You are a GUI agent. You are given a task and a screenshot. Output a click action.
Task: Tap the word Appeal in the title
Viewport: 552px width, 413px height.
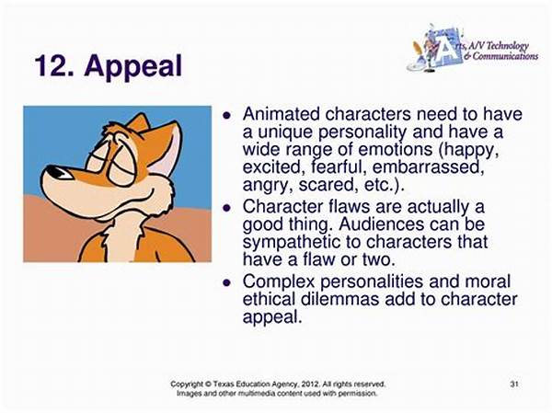click(133, 68)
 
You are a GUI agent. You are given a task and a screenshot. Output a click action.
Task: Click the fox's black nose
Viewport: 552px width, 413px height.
click(55, 171)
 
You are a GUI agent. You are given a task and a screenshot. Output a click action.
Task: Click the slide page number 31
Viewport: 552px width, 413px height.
click(514, 384)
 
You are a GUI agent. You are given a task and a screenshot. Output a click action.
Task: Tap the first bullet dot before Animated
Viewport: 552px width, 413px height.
click(227, 115)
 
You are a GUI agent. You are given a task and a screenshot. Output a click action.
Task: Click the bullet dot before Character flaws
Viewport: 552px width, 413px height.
click(227, 208)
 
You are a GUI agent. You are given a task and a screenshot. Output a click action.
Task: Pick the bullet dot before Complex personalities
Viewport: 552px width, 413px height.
click(227, 282)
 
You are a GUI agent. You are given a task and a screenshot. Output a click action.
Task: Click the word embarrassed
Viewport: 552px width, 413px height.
click(426, 166)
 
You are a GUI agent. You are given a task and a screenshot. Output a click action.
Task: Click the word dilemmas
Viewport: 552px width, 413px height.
click(339, 299)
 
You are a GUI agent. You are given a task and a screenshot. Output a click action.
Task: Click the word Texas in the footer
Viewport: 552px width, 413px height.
click(222, 384)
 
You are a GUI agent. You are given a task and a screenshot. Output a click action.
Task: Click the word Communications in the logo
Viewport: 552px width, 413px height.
click(505, 56)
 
